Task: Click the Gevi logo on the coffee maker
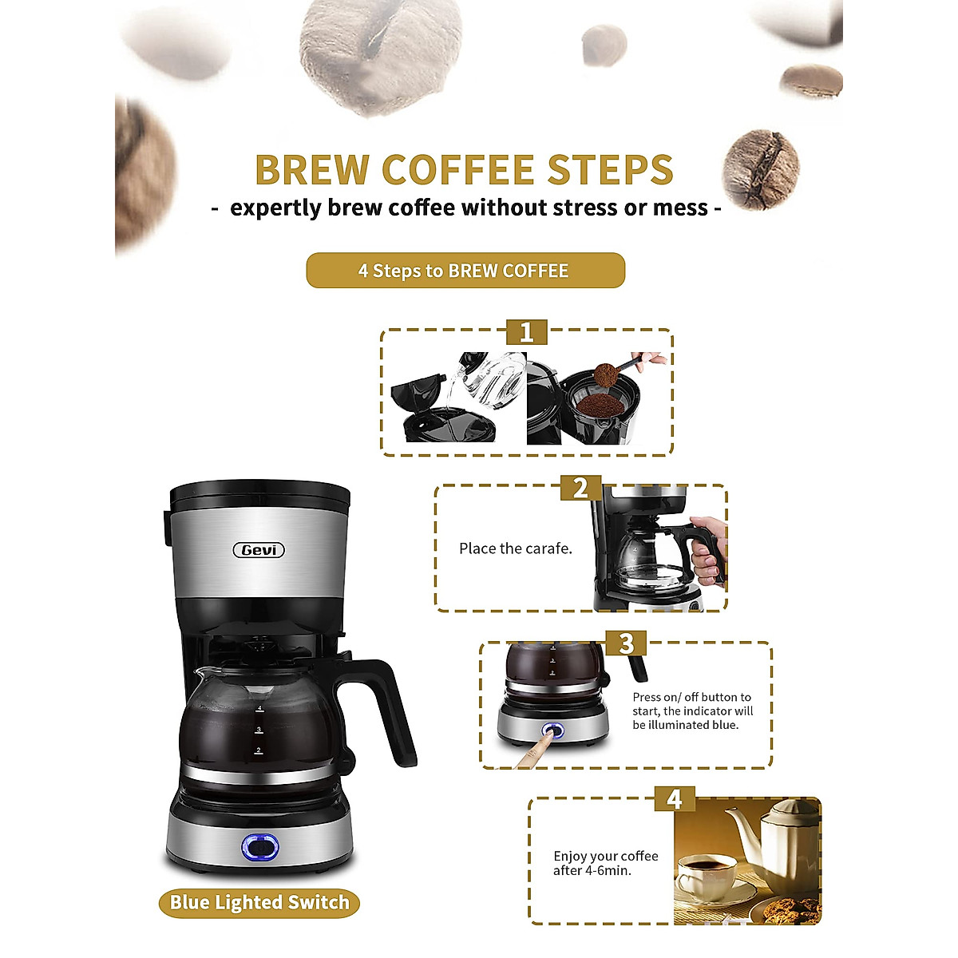coord(259,550)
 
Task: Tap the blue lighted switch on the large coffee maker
coord(260,847)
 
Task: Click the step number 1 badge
coord(526,332)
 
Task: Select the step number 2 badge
coord(580,488)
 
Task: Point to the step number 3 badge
coord(626,643)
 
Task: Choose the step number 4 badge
coord(675,799)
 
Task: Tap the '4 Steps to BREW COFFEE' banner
coord(465,271)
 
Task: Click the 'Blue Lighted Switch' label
coord(259,903)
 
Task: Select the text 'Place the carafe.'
coord(515,548)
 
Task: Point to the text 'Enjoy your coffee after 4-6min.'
coord(605,863)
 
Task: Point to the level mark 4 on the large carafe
coord(259,708)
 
